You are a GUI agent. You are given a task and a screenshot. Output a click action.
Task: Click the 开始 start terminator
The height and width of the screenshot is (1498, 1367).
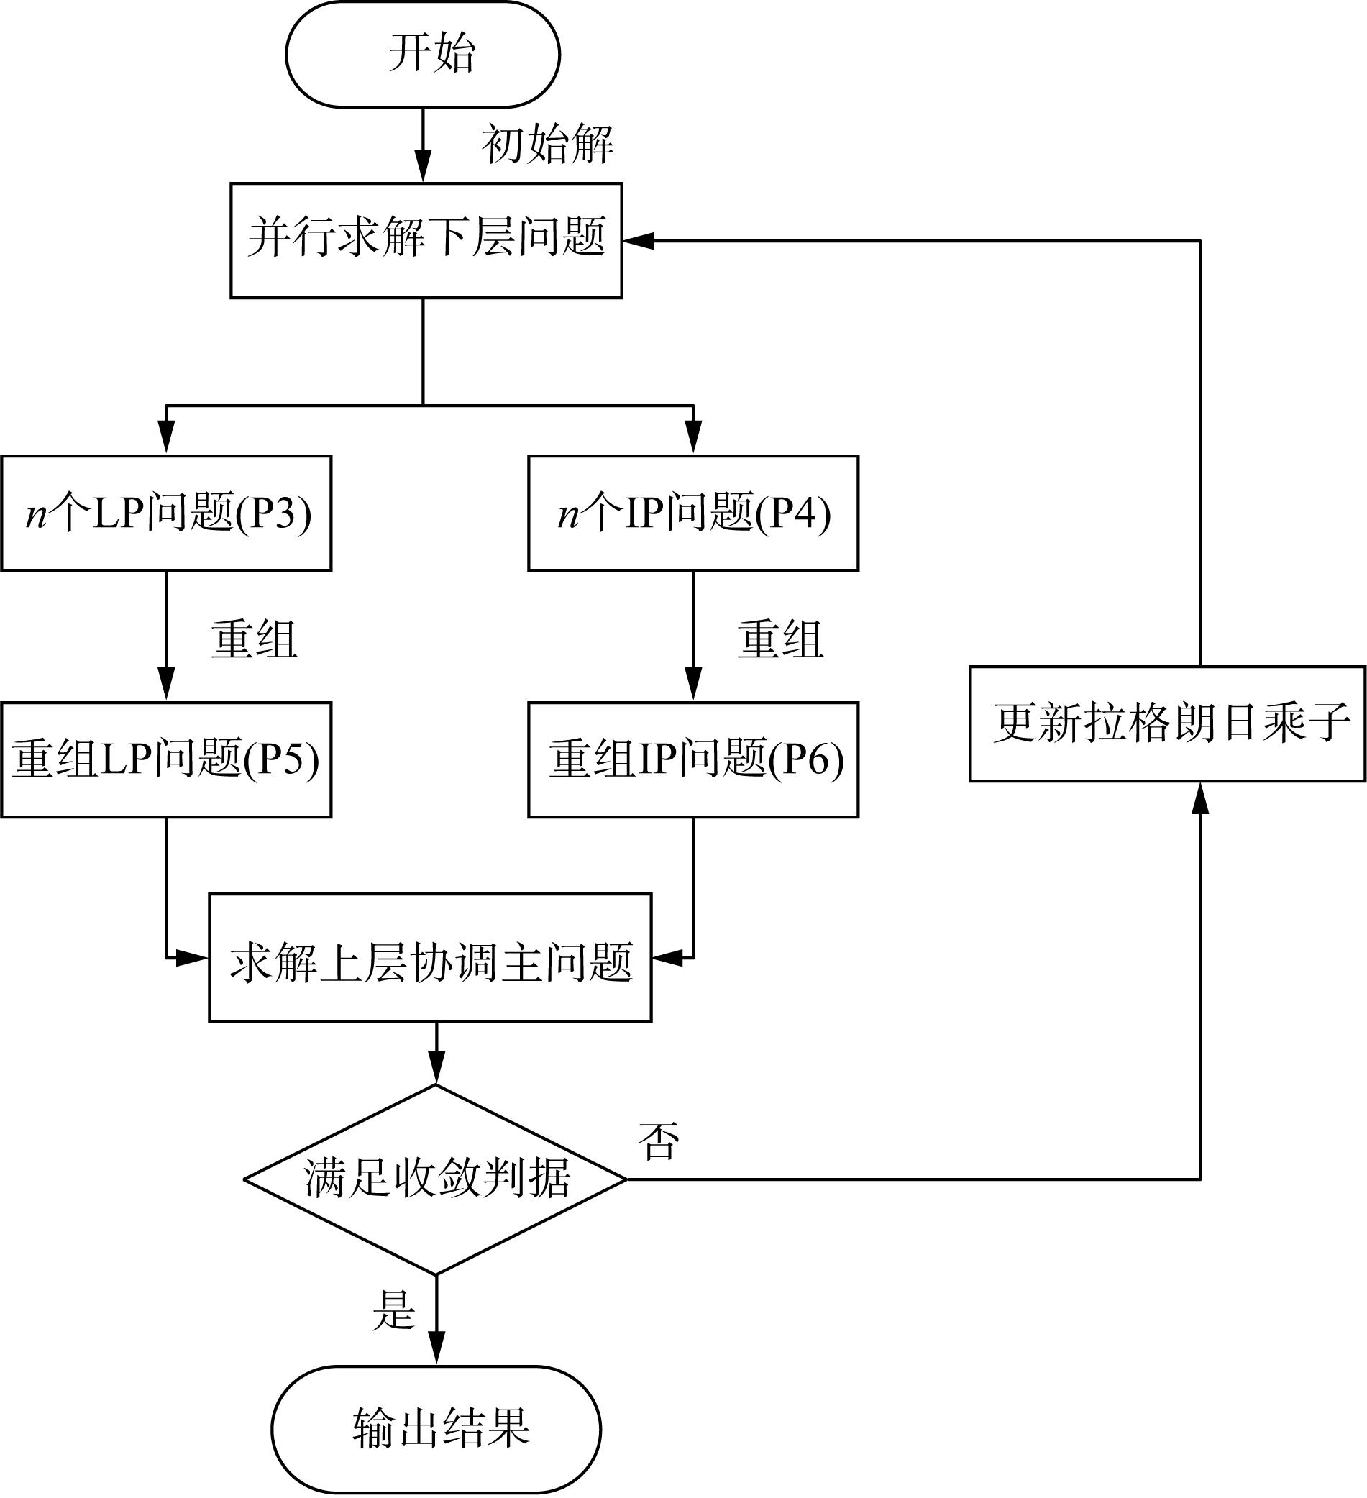pyautogui.click(x=423, y=54)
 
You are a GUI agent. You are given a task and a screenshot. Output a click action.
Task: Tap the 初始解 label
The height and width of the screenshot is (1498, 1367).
pyautogui.click(x=547, y=144)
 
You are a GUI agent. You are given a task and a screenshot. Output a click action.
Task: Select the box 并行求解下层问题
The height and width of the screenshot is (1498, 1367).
pyautogui.click(x=426, y=240)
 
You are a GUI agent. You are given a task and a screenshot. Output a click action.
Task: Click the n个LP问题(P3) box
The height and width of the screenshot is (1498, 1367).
pyautogui.click(x=165, y=513)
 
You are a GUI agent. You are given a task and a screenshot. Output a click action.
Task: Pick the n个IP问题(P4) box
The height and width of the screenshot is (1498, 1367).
pyautogui.click(x=693, y=513)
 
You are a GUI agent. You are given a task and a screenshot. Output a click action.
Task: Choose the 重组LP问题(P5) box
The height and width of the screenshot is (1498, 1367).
pyautogui.click(x=165, y=759)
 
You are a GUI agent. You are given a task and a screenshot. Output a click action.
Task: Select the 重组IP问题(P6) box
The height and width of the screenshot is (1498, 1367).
pyautogui.click(x=693, y=759)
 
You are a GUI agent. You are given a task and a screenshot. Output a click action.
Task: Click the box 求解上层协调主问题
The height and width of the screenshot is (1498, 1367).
pyautogui.click(x=430, y=957)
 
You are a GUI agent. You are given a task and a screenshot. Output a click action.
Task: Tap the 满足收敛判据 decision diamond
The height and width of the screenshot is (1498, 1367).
pyautogui.click(x=436, y=1179)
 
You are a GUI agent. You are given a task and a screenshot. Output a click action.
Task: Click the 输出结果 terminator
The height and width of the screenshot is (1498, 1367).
pyautogui.click(x=436, y=1429)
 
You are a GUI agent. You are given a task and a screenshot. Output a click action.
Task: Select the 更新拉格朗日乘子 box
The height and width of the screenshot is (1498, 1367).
pyautogui.click(x=1167, y=723)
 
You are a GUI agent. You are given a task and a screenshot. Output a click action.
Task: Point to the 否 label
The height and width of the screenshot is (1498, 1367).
pyautogui.click(x=658, y=1141)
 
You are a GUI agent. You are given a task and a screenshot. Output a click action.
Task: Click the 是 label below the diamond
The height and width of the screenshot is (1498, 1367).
pyautogui.click(x=393, y=1310)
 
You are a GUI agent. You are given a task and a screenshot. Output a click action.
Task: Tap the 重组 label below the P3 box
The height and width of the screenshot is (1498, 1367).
pyautogui.click(x=254, y=639)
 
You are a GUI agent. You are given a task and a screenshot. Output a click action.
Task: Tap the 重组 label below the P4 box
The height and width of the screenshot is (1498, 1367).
pyautogui.click(x=780, y=639)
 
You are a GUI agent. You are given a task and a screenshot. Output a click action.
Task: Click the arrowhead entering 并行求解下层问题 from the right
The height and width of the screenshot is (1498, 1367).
pyautogui.click(x=638, y=241)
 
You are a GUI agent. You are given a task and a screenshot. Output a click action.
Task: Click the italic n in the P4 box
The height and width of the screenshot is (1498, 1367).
pyautogui.click(x=568, y=514)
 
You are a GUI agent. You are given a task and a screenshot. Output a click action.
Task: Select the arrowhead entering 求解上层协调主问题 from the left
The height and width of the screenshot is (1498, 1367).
pyautogui.click(x=193, y=957)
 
